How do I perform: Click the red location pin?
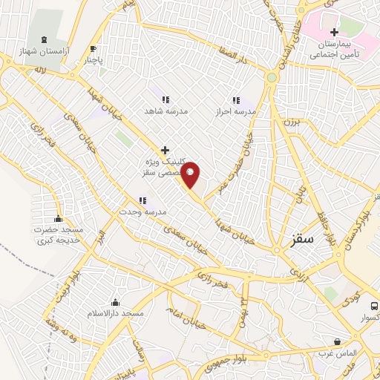(191, 174)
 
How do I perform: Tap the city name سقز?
(303, 239)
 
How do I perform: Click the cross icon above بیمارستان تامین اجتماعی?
(334, 32)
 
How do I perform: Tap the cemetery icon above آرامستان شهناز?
(45, 39)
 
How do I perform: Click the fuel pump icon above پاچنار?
(93, 49)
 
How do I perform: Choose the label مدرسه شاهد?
(166, 111)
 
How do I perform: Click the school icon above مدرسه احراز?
(236, 100)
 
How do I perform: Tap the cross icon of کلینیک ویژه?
(165, 150)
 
